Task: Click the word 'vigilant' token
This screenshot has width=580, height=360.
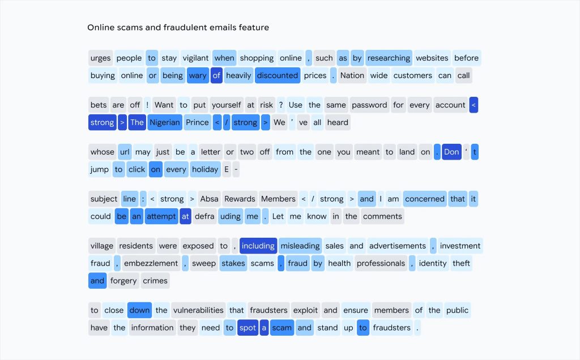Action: point(195,58)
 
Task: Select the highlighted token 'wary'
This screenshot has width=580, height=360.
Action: point(198,75)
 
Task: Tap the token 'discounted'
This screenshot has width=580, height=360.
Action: point(278,75)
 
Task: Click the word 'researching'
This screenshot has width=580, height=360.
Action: point(389,58)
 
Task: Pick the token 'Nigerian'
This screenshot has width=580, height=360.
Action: point(165,122)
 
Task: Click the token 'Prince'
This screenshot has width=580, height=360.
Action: point(197,122)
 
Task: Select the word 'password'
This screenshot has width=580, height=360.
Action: point(369,105)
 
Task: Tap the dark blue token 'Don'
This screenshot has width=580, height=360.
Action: point(451,152)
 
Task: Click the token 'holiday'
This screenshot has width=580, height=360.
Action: point(205,169)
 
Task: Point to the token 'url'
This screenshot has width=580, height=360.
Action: point(125,152)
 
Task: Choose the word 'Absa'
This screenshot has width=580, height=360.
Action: point(210,199)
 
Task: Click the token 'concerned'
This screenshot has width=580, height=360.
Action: point(425,199)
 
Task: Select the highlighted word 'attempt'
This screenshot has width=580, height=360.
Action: point(161,216)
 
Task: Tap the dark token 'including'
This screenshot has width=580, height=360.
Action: point(258,246)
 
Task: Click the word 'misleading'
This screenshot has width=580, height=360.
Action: point(300,246)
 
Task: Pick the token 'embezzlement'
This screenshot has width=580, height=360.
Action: point(151,263)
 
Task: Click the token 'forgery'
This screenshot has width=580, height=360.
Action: point(123,281)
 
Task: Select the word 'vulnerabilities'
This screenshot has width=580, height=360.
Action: point(198,310)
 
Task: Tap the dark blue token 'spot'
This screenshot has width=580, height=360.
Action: point(248,328)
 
